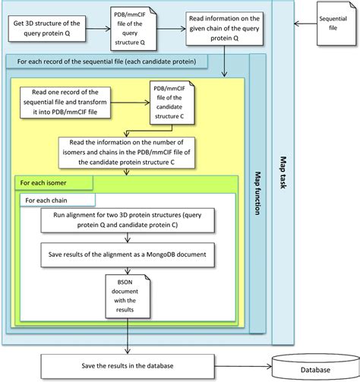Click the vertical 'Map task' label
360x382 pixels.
pos(283,171)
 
